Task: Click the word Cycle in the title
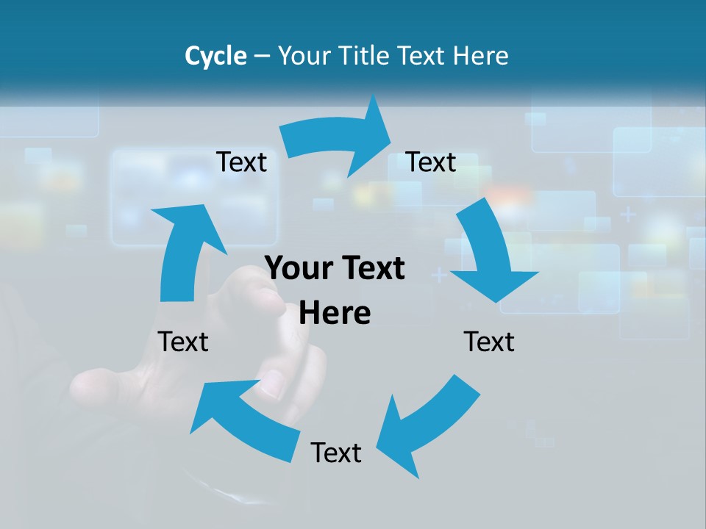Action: [x=215, y=56]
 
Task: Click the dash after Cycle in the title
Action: [x=261, y=57]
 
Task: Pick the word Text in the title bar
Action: [x=423, y=56]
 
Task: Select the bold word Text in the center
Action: [x=372, y=269]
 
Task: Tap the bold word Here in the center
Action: [x=335, y=313]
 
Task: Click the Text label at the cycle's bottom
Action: [x=336, y=453]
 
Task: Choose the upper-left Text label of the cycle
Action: [x=241, y=162]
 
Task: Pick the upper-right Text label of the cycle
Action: [x=431, y=162]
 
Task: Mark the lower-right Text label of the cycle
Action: [x=489, y=342]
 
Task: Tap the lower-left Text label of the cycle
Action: [x=183, y=342]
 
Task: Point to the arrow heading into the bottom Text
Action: [x=427, y=426]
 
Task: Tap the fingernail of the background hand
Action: [x=271, y=384]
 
